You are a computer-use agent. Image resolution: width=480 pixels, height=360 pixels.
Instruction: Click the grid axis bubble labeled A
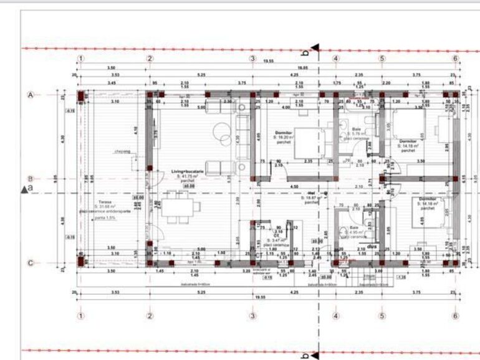[29, 95]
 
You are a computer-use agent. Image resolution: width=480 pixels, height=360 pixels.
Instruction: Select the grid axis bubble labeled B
[29, 178]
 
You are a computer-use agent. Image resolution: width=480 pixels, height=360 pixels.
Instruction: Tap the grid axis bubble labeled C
[29, 263]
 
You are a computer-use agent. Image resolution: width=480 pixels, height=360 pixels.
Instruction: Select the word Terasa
[102, 202]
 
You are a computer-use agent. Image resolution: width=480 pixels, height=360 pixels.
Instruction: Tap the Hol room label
[312, 193]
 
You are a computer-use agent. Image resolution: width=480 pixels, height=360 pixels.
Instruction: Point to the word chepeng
[122, 150]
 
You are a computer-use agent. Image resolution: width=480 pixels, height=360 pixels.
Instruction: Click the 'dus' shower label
[372, 246]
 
